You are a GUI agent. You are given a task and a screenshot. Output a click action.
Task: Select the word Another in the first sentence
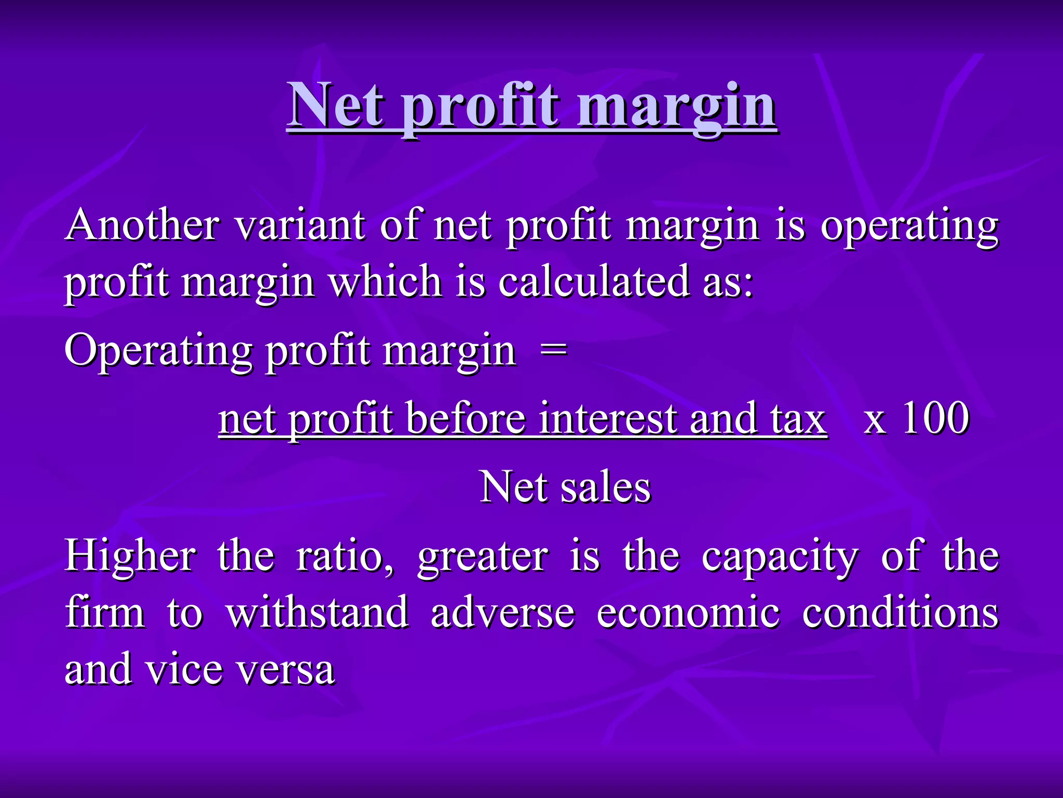[142, 225]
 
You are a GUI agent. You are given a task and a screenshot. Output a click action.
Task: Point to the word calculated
[594, 282]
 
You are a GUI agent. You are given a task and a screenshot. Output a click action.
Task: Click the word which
[385, 282]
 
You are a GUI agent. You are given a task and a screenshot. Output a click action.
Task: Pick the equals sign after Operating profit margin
[553, 350]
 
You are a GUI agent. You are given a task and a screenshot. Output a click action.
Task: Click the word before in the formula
[466, 419]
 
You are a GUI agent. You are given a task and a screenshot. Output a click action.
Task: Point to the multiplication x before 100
[875, 421]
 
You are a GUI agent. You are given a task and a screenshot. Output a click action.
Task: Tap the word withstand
[317, 612]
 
